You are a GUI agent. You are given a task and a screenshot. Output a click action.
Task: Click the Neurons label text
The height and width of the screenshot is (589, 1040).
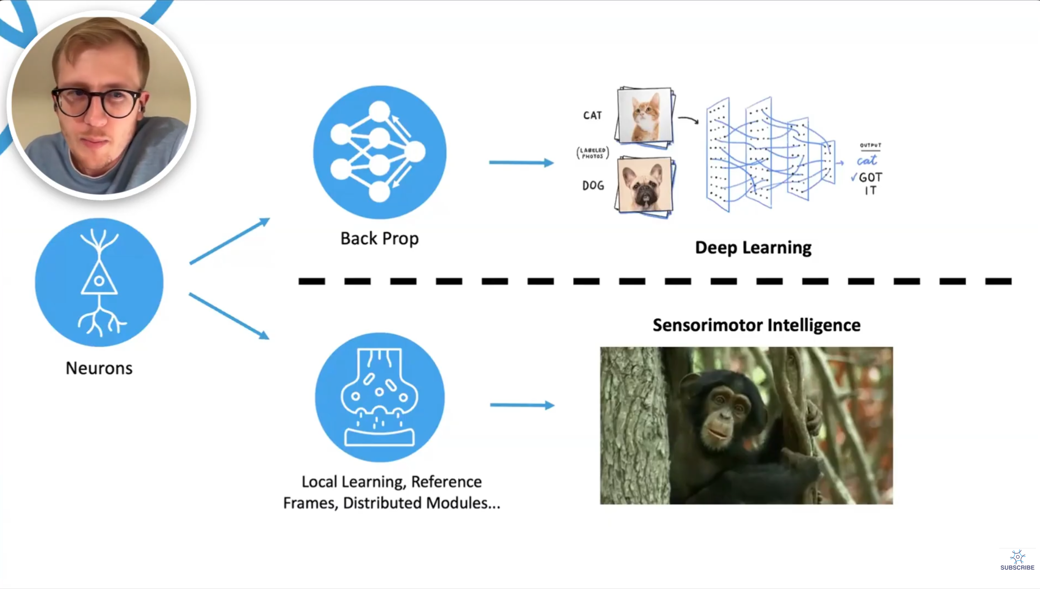click(99, 368)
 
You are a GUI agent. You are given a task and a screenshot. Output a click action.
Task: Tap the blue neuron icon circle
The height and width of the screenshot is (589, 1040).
click(99, 282)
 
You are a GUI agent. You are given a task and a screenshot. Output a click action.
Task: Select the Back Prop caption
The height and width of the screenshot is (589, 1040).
click(379, 239)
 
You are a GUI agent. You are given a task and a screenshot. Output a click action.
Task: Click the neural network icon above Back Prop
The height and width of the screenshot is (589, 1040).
click(379, 152)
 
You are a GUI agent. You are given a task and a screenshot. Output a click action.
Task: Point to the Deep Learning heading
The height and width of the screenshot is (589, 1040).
click(753, 248)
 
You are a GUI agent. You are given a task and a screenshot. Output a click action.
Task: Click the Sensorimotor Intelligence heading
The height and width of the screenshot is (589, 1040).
click(756, 325)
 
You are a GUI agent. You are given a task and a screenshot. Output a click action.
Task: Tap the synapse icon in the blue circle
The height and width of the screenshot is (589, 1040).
click(379, 397)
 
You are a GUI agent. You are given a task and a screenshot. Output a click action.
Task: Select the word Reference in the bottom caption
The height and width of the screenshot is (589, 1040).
click(446, 482)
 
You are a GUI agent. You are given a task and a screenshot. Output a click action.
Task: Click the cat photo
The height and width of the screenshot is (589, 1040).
click(645, 115)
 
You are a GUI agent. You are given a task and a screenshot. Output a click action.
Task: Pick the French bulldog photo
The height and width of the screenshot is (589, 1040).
click(645, 185)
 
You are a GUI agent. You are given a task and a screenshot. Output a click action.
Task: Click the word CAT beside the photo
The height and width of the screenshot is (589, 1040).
click(592, 115)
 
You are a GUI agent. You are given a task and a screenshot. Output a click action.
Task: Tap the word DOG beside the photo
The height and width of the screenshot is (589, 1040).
click(593, 185)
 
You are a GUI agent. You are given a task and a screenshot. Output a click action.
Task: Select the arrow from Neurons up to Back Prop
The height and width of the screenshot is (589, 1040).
click(229, 241)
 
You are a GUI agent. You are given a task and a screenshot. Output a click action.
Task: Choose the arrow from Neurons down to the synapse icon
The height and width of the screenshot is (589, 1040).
click(229, 316)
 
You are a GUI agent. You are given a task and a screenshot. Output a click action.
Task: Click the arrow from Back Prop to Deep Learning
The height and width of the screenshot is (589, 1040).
click(521, 163)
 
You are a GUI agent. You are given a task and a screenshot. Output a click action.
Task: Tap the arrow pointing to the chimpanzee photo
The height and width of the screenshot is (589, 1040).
click(522, 405)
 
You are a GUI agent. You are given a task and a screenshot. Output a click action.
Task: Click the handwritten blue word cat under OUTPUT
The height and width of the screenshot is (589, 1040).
click(867, 161)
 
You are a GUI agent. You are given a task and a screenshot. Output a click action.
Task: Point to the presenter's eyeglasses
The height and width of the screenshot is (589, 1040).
click(97, 102)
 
